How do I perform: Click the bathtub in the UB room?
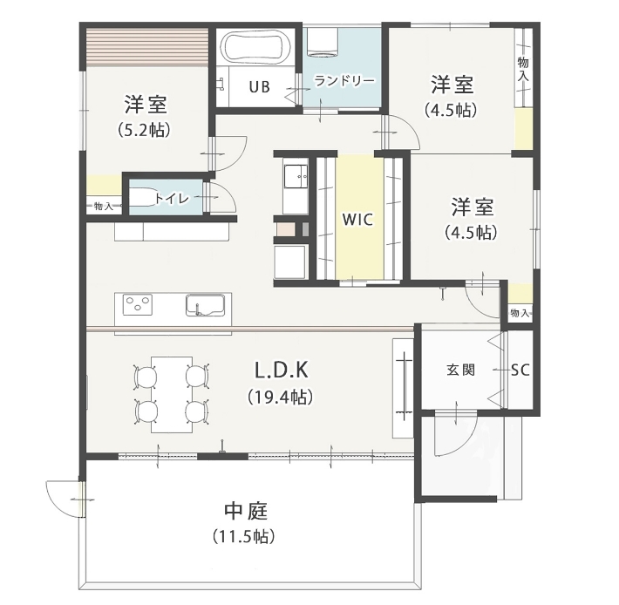256,46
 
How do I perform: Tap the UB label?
259,87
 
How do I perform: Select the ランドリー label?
344,81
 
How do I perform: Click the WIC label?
357,220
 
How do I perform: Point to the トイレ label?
172,198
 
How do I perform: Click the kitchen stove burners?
138,305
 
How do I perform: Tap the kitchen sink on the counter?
205,305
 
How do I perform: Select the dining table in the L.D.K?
172,395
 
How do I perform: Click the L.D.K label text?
281,370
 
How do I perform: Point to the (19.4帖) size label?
281,397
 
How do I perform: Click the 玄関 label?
460,370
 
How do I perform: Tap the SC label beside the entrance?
520,370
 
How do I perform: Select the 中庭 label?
246,511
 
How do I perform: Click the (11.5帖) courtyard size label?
243,536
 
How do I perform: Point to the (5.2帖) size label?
145,130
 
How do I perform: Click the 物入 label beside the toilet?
104,206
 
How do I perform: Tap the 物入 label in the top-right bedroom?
523,69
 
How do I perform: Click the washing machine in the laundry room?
323,41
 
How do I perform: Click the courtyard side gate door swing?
63,500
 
